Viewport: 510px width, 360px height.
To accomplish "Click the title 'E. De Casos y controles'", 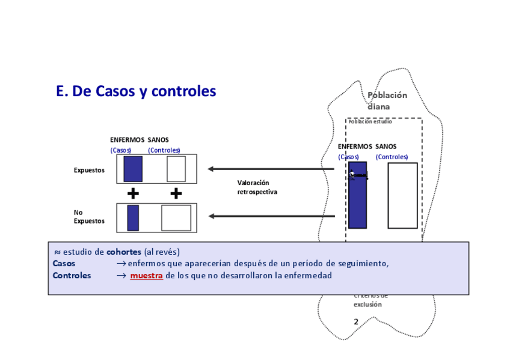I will coord(135,91).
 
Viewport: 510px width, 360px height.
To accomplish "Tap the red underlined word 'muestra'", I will coord(146,276).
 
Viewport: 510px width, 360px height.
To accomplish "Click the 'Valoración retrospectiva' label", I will coord(257,187).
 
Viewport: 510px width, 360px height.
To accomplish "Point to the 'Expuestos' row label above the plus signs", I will coord(89,170).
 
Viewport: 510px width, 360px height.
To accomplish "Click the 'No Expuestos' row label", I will coord(88,216).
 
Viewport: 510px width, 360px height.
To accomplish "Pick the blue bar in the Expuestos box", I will coord(133,169).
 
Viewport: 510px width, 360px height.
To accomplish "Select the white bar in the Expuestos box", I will coord(176,169).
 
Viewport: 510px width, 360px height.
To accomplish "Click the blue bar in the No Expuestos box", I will coord(133,218).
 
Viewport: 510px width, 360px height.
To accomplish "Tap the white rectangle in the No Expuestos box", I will coord(176,218).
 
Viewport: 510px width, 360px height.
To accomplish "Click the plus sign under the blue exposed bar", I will coord(133,194).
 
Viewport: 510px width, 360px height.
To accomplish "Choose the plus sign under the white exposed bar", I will coord(176,194).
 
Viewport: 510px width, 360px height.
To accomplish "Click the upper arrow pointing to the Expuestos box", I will coord(271,169).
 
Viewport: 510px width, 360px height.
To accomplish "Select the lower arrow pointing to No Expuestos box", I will coord(271,216).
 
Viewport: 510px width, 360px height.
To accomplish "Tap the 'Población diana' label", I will coord(387,101).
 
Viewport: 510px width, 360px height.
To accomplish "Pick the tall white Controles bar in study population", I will coord(402,195).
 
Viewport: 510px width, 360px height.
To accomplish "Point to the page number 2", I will coord(356,322).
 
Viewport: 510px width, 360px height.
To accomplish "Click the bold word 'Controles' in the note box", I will coord(72,276).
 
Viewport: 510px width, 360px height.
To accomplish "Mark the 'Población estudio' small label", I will coord(370,121).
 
